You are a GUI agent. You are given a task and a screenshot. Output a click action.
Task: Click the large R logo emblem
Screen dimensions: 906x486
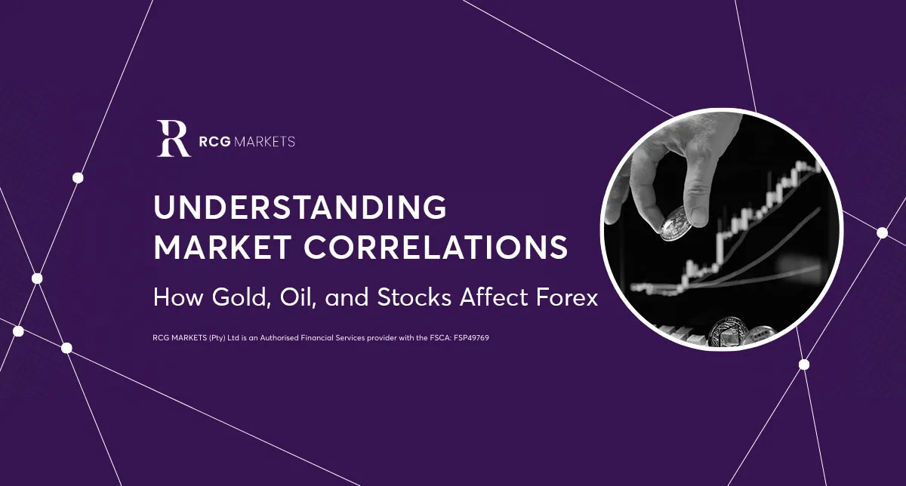(174, 138)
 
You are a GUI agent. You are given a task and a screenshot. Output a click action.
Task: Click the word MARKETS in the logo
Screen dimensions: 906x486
(264, 142)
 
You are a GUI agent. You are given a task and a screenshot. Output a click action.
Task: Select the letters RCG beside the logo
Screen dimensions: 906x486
(214, 142)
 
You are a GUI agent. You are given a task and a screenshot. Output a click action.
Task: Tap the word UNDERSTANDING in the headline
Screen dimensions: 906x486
(300, 207)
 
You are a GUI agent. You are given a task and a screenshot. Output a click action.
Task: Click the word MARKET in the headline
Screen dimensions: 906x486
(223, 247)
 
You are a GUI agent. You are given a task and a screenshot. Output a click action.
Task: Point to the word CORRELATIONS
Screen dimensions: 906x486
(436, 247)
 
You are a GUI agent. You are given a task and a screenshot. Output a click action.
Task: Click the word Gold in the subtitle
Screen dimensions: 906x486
(241, 297)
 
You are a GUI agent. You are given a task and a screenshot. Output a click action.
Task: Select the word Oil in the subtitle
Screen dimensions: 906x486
(297, 297)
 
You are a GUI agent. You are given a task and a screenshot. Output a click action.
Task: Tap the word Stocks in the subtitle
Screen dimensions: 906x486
(414, 297)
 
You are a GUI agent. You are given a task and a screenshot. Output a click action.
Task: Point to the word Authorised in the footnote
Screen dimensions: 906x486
(279, 337)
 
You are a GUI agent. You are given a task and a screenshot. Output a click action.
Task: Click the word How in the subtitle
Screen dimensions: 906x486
(178, 297)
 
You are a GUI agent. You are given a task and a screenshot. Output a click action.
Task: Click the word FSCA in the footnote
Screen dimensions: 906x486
(441, 337)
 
